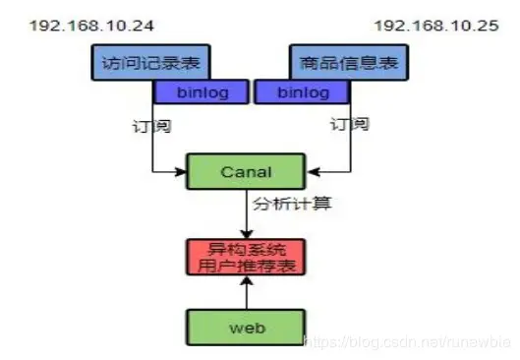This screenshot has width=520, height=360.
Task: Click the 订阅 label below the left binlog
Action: (x=147, y=126)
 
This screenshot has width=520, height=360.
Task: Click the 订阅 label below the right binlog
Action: (x=348, y=125)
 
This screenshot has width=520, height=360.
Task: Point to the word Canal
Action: (x=247, y=171)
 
